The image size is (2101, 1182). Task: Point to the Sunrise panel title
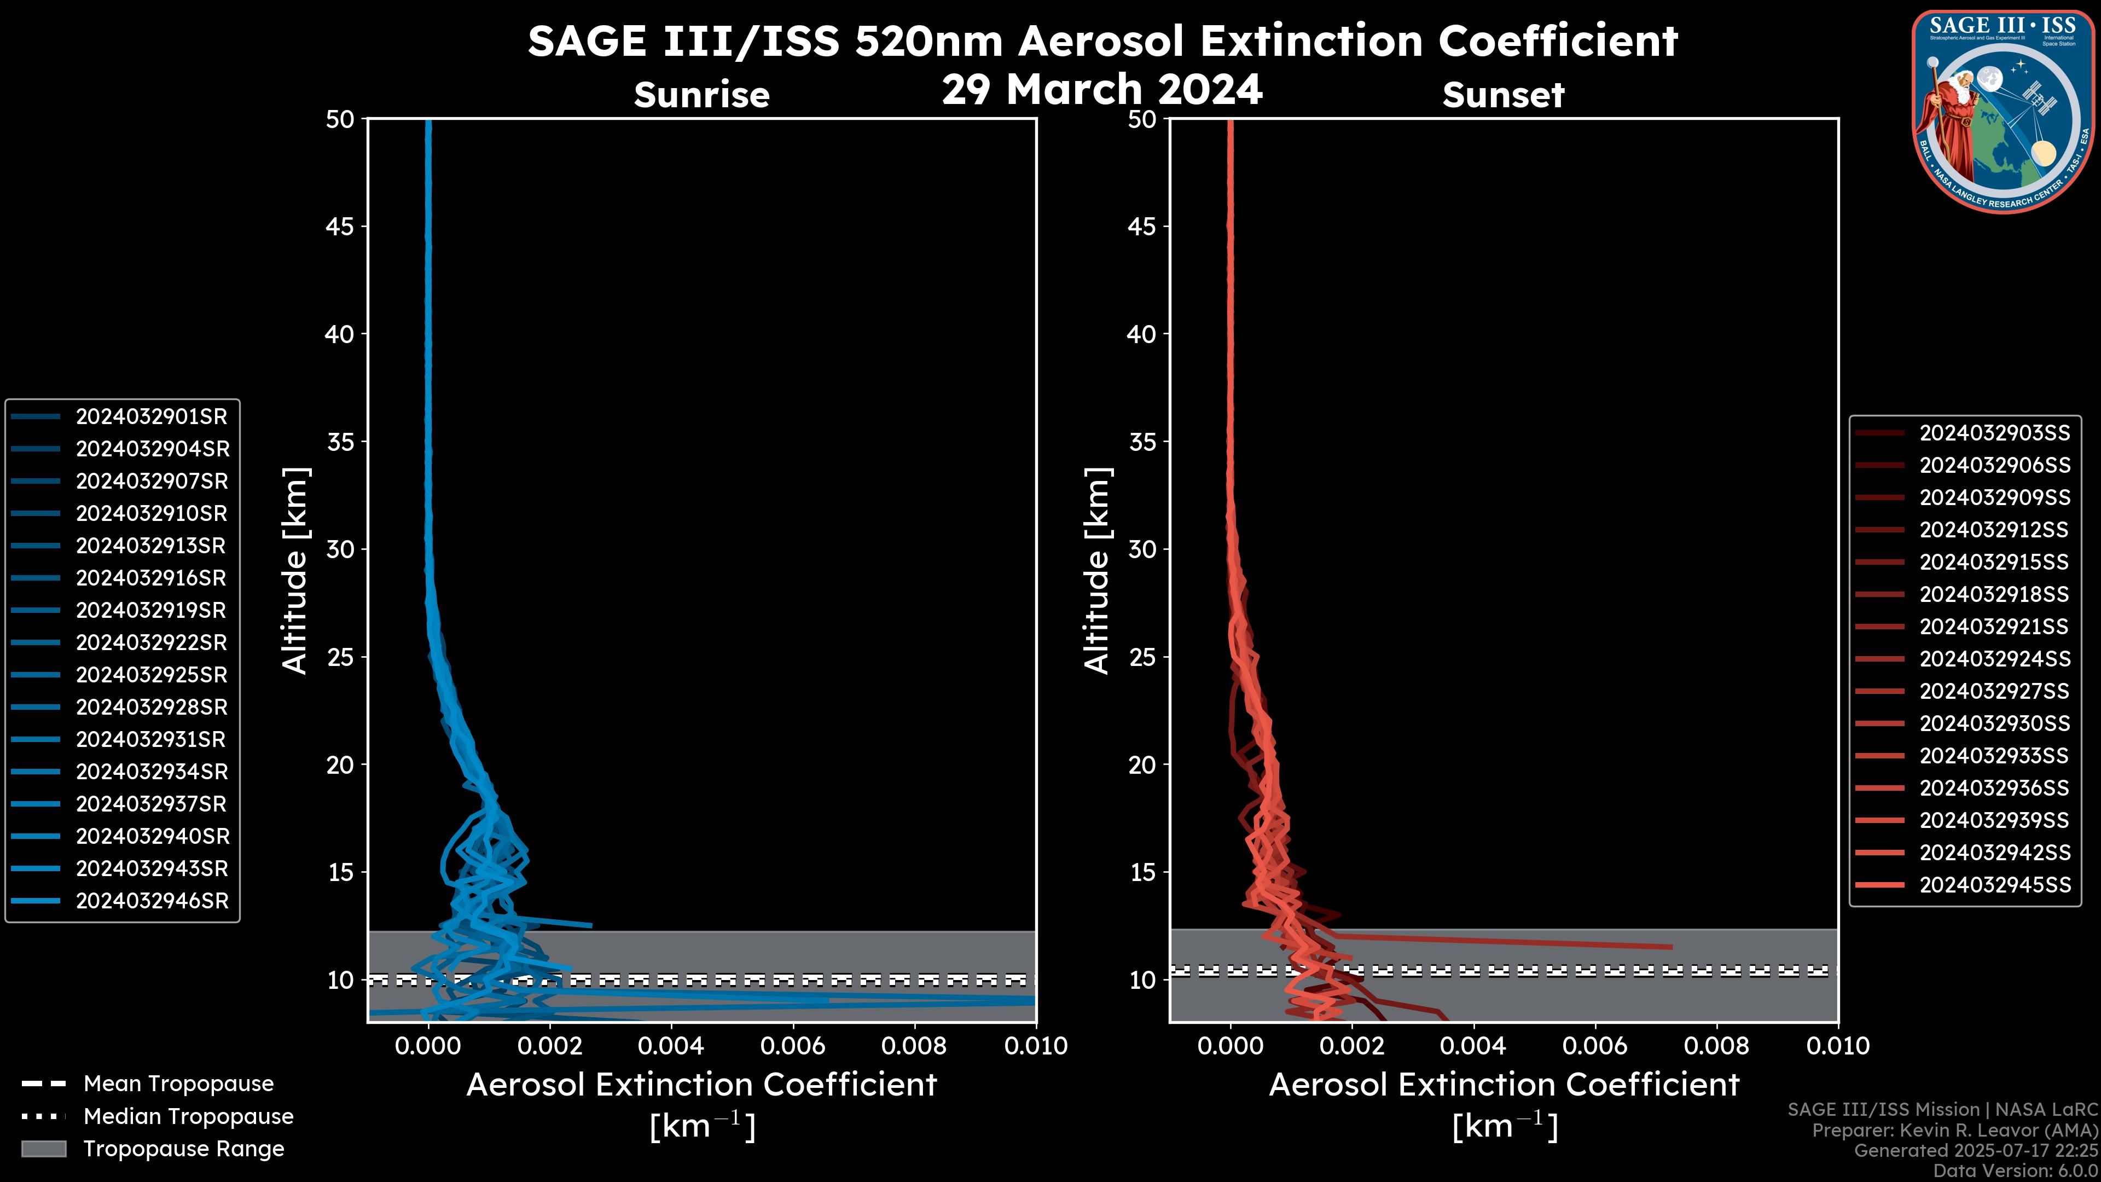tap(701, 95)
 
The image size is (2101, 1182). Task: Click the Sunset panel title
tap(1503, 95)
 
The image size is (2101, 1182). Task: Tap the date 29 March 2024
tap(1102, 89)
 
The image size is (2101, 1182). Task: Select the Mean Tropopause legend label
tap(178, 1084)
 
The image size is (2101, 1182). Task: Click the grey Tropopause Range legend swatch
tap(44, 1149)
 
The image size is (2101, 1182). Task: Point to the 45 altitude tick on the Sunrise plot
tap(340, 227)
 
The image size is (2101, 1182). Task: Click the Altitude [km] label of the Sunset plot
tap(1097, 571)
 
